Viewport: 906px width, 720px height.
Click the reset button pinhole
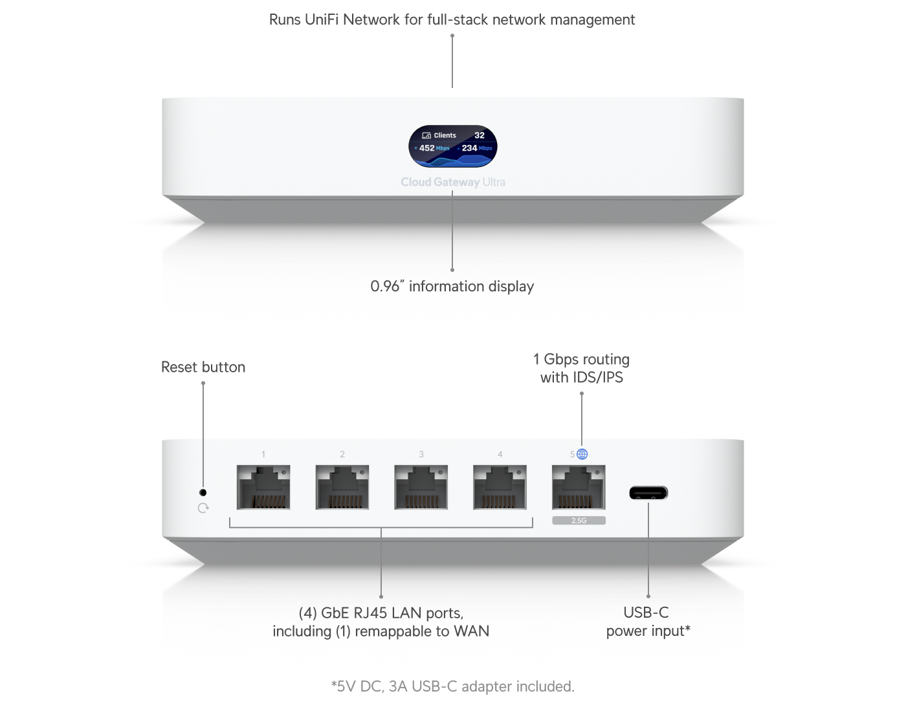[203, 493]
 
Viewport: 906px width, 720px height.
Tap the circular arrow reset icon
[203, 508]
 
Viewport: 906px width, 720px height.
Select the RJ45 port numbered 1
[263, 487]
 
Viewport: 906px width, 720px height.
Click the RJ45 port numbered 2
[342, 487]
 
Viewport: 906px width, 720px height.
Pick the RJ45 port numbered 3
[421, 487]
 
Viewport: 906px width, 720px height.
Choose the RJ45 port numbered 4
[500, 487]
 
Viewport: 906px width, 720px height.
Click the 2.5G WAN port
[579, 487]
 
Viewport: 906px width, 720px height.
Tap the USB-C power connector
[648, 493]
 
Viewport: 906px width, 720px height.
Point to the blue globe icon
[582, 454]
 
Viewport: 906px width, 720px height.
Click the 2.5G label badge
[579, 521]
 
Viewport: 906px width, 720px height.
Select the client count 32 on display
[480, 135]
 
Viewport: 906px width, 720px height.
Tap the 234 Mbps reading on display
[476, 148]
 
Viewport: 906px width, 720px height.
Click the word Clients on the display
[445, 135]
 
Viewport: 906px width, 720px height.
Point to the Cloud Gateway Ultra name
[452, 182]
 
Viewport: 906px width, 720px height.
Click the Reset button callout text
[203, 367]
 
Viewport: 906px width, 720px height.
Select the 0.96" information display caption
[452, 286]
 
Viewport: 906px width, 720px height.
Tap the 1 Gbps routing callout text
[581, 368]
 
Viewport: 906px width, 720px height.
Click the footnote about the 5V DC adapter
[452, 686]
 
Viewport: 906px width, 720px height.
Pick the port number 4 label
[500, 455]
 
